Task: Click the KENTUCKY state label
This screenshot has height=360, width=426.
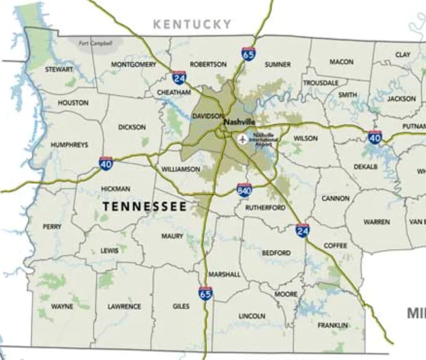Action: (192, 24)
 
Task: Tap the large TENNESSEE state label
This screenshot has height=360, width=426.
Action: (145, 206)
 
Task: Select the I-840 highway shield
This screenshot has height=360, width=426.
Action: (244, 190)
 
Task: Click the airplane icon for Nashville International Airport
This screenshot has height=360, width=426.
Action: (242, 139)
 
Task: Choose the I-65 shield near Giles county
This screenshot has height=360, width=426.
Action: (205, 293)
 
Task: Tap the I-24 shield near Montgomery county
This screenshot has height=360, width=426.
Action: (179, 77)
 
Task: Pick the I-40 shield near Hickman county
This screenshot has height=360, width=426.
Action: (106, 163)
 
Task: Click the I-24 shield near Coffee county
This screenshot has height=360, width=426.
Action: (302, 230)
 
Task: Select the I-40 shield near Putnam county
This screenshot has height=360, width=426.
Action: (375, 136)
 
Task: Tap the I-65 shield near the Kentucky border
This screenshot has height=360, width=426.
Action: (248, 54)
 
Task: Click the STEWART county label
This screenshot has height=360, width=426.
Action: (59, 70)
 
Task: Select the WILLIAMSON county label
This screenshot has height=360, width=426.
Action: (181, 169)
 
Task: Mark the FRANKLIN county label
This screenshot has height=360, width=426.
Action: (332, 325)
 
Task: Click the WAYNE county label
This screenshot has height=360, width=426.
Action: (62, 306)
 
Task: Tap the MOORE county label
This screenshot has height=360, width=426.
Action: (286, 294)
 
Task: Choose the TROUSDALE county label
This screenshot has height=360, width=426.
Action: (321, 83)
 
